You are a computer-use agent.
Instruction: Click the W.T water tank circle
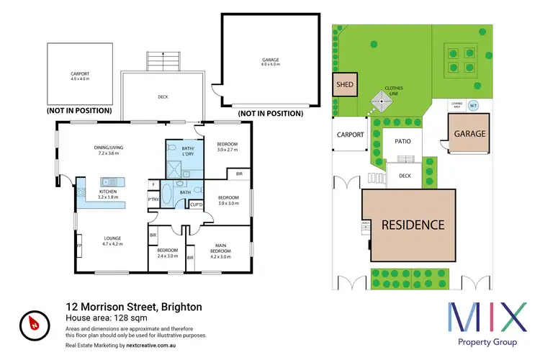[x=473, y=106]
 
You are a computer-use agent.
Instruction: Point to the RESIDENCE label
[x=413, y=225]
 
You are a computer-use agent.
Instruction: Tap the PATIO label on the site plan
[x=403, y=141]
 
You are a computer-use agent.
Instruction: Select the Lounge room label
[x=111, y=240]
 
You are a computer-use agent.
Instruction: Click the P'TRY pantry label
[x=153, y=199]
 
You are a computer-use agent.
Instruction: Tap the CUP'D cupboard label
[x=196, y=205]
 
